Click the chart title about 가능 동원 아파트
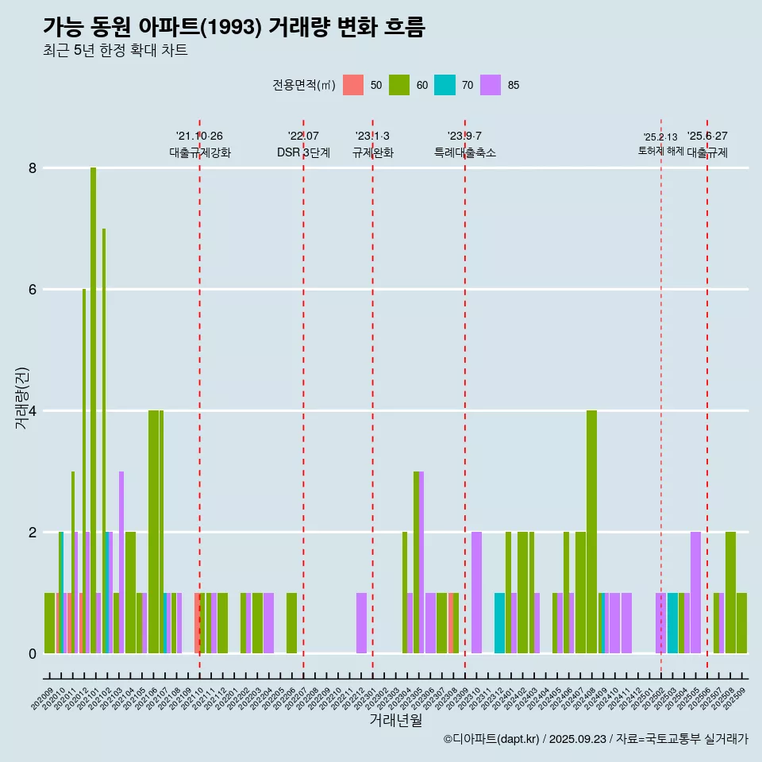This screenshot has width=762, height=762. coord(234,27)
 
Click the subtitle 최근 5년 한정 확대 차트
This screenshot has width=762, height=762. coord(115,51)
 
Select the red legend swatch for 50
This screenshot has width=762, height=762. coord(353,85)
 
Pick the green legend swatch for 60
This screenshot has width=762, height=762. coord(399,85)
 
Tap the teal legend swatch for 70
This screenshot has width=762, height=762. coord(444,85)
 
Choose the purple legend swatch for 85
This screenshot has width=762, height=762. coord(491,85)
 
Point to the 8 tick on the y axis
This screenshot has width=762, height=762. coord(33,168)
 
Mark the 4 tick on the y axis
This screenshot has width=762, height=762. coord(33,411)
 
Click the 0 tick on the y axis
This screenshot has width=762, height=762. coord(33,654)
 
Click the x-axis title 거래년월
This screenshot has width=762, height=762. coord(395,720)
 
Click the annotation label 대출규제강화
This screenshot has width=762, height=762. coord(200,152)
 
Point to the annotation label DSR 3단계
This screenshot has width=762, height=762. coord(303,152)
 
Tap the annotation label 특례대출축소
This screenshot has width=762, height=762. coord(465,152)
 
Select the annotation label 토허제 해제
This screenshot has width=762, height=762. coord(660,151)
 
